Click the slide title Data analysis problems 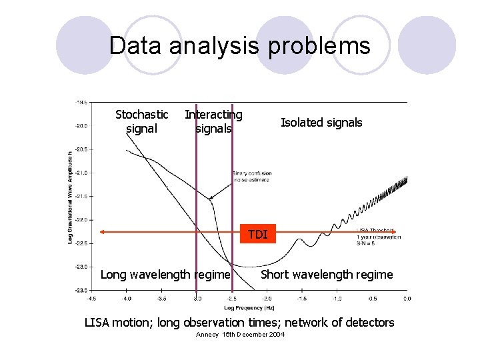point(239,46)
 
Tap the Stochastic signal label point(141,121)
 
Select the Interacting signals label point(213,121)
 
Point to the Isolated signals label point(321,122)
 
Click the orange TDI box point(257,234)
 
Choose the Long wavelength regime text point(165,275)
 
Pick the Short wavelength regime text point(327,275)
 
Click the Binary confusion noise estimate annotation point(252,177)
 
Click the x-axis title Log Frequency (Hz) point(249,309)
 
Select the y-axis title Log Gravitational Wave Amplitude point(70,197)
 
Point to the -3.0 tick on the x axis point(197,299)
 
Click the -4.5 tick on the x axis point(92,299)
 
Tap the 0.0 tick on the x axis point(407,299)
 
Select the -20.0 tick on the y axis point(81,125)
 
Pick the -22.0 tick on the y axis point(81,219)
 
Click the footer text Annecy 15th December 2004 point(240,334)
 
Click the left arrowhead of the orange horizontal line point(103,231)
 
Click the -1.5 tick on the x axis point(302,299)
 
